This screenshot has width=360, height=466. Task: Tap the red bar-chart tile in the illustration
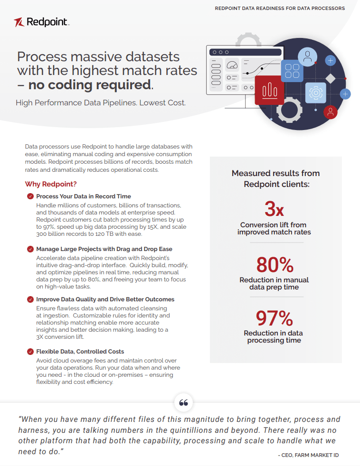tap(269, 90)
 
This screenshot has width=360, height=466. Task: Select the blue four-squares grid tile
tap(293, 71)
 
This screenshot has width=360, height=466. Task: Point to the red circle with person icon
tap(330, 112)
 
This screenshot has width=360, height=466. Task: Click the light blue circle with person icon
tap(308, 58)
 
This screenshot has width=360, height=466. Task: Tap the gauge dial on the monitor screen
tap(232, 65)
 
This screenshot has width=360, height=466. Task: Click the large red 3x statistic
tap(274, 209)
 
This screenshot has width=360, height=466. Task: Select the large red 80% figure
tap(275, 264)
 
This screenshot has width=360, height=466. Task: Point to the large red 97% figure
tap(274, 317)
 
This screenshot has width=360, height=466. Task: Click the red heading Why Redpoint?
tap(51, 184)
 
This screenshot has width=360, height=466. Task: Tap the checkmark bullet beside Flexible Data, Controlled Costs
tap(30, 352)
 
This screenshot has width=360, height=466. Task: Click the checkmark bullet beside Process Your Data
tap(30, 196)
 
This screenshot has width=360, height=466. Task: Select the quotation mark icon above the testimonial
tap(184, 403)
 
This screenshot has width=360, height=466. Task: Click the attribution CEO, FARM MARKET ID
tap(308, 455)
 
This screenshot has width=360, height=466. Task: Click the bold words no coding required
tap(90, 85)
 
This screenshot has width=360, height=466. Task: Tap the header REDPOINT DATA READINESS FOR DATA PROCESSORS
tap(280, 8)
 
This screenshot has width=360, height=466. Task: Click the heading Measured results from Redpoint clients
tap(275, 179)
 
